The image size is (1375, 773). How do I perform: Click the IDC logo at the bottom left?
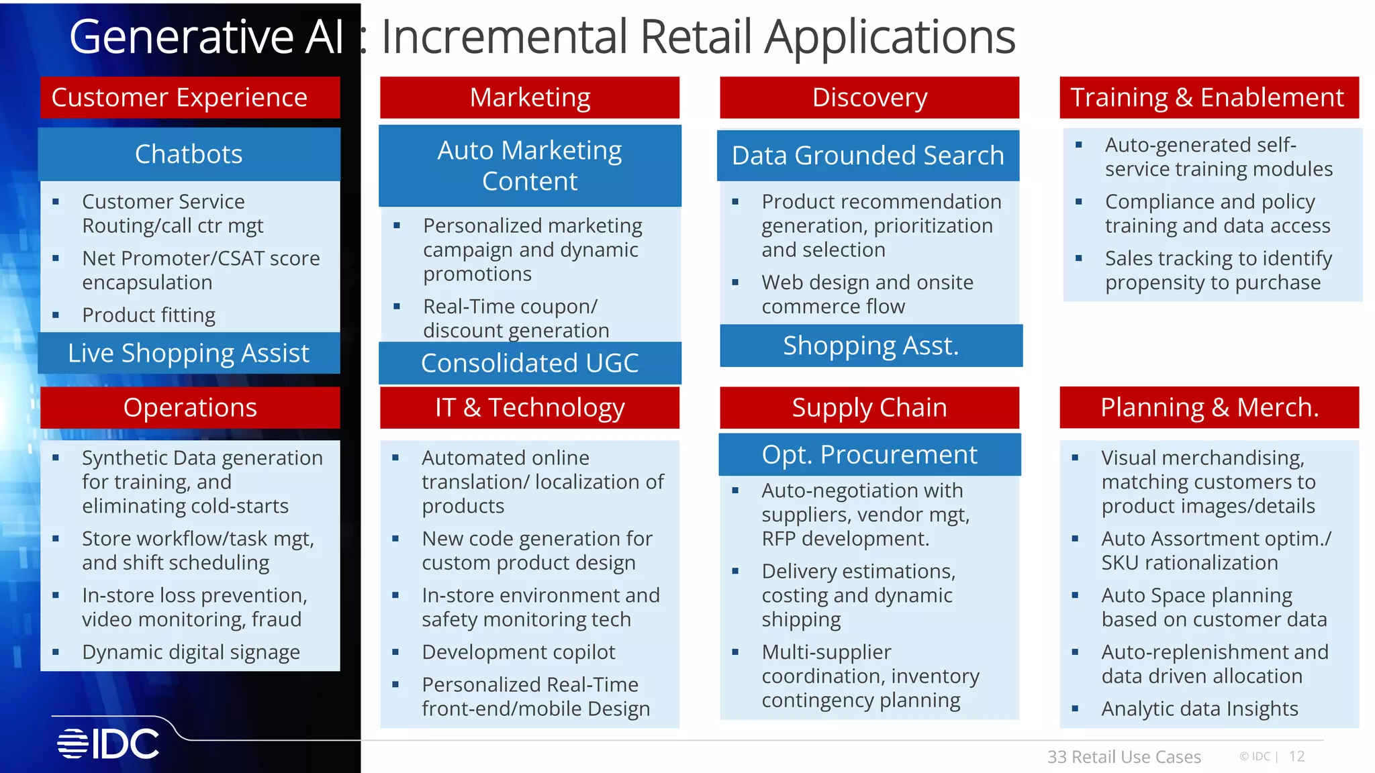[109, 743]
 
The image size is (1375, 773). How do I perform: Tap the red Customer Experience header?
[190, 98]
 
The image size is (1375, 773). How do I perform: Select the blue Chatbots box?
[189, 154]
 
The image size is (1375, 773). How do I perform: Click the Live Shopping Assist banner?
[189, 353]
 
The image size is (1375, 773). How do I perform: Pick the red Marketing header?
[530, 98]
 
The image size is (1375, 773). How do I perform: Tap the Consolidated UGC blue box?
[530, 363]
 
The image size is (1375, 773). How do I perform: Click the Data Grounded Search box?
[868, 156]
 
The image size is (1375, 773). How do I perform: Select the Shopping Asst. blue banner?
[871, 346]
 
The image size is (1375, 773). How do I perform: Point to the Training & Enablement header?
[1208, 98]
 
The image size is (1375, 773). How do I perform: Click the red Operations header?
[190, 408]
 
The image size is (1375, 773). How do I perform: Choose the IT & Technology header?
[530, 408]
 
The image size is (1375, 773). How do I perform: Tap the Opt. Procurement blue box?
[869, 455]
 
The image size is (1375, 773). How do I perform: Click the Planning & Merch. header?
[1209, 408]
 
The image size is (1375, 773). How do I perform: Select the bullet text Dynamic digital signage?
[191, 652]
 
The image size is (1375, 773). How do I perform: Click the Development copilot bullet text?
[518, 652]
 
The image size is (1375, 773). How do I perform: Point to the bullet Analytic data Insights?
[1199, 709]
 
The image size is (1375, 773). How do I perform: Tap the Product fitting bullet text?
[148, 315]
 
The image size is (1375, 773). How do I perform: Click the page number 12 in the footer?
[1296, 757]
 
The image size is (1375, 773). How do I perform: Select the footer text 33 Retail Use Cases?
[1124, 757]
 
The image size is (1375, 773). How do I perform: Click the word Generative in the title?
[181, 37]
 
